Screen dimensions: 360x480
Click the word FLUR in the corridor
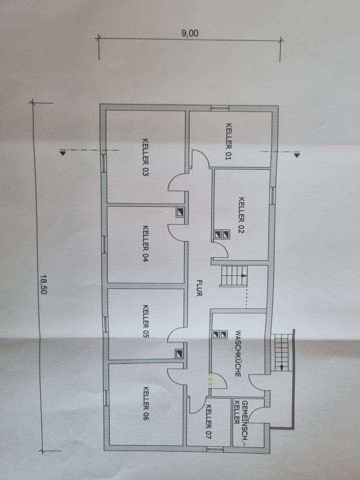click(x=198, y=287)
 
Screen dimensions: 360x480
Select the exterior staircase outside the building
click(x=282, y=353)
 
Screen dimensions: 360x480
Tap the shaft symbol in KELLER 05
click(x=179, y=353)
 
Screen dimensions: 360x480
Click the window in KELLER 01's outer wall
click(x=219, y=107)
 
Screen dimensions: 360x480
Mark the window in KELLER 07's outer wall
click(x=214, y=448)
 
